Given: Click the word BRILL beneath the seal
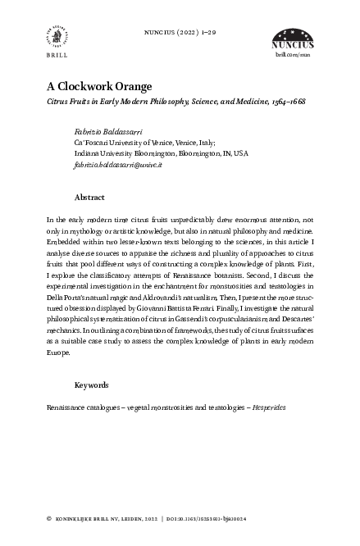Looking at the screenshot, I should click(56, 59).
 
